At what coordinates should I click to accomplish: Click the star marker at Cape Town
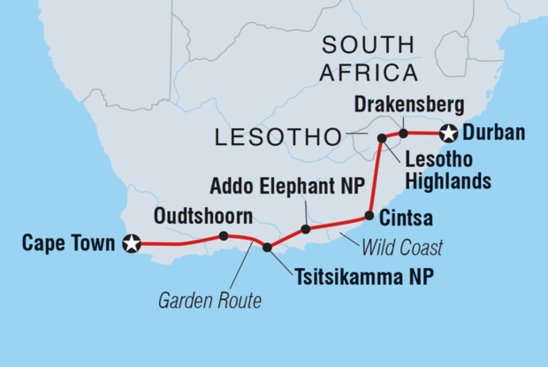pos(132,243)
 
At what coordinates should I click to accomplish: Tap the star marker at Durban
pos(449,134)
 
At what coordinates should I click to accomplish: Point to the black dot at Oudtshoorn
pos(223,236)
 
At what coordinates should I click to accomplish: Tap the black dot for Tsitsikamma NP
pos(267,247)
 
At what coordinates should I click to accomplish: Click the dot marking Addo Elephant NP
pos(305,229)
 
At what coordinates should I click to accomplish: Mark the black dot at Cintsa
pos(369,215)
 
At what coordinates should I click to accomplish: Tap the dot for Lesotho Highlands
pos(382,138)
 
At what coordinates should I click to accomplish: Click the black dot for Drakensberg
pos(403,134)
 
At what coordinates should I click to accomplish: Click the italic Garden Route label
pos(209,302)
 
